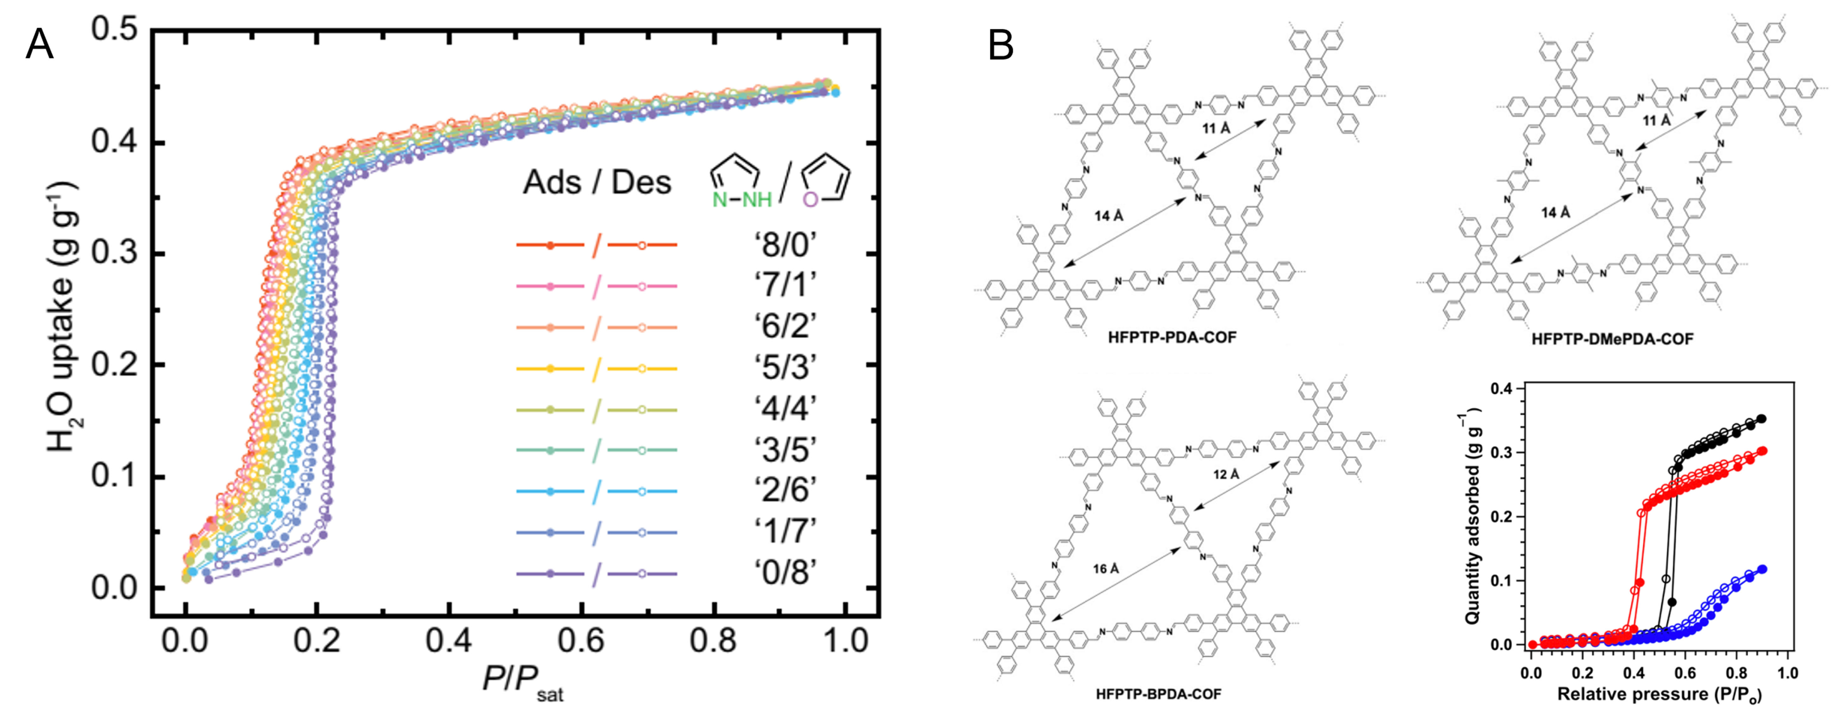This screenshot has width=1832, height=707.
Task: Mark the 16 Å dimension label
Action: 1106,568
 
